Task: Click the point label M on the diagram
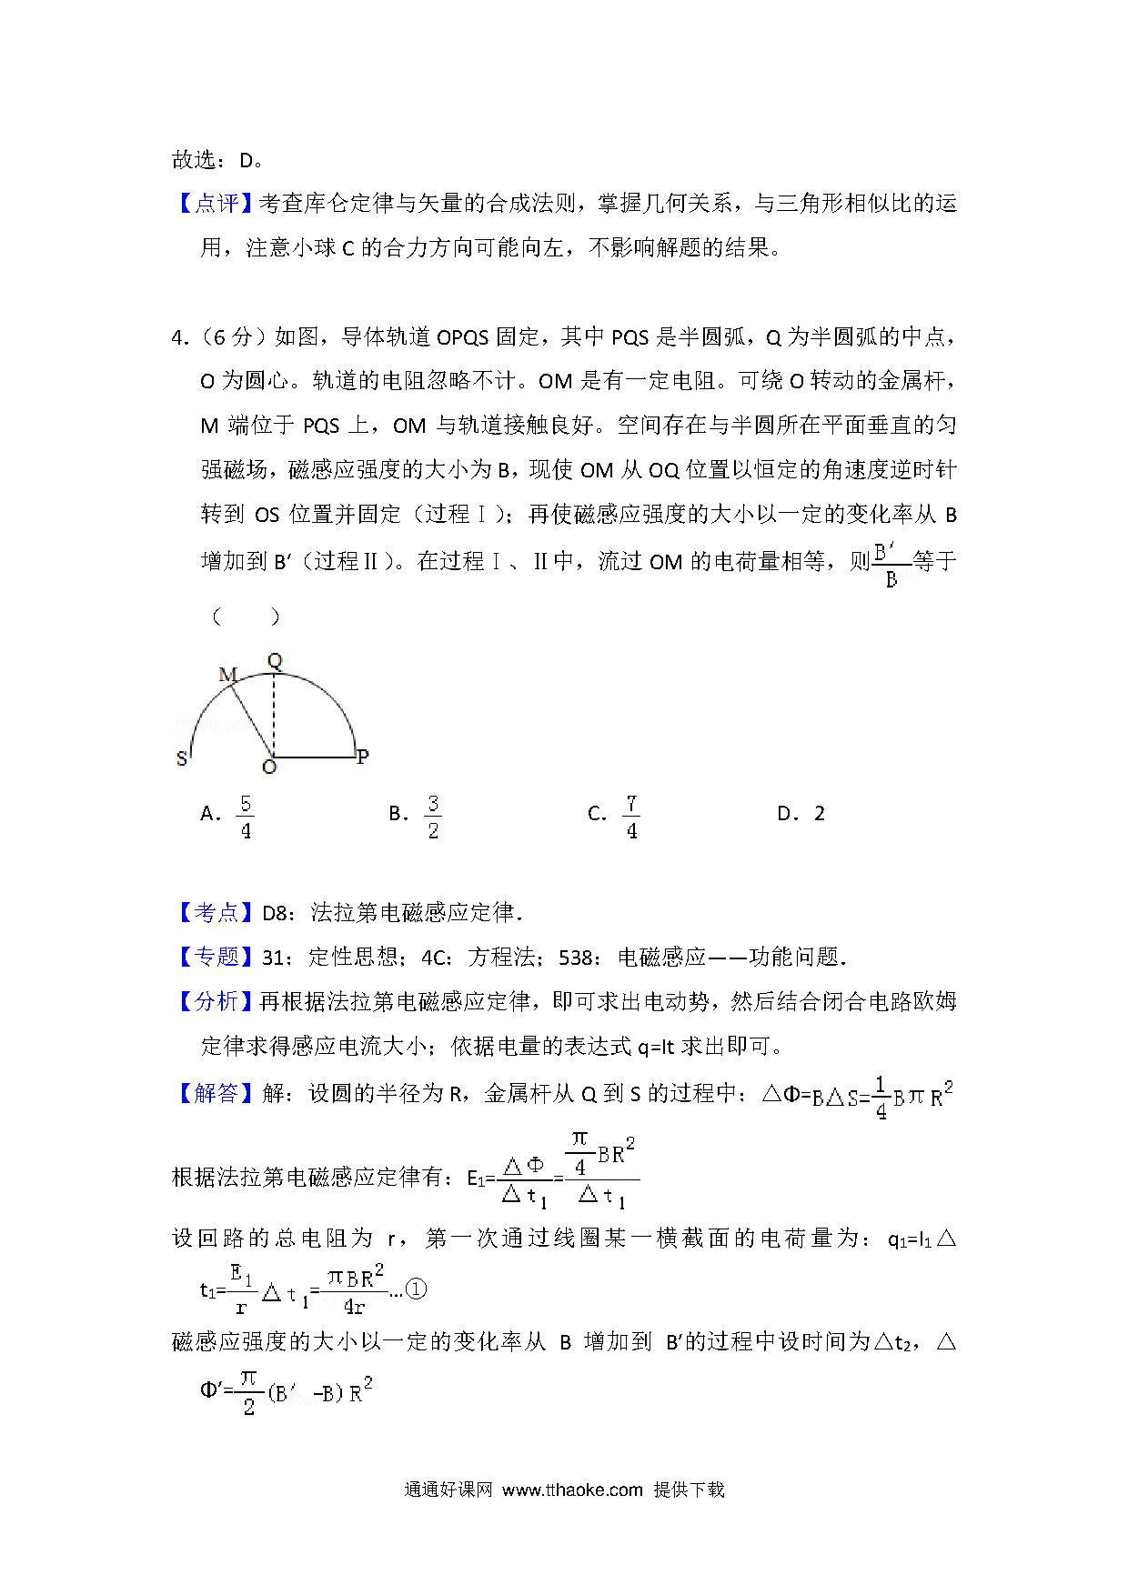[x=227, y=675]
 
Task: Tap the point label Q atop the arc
[x=275, y=661]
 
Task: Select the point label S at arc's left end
[x=182, y=758]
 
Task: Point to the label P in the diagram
[x=362, y=757]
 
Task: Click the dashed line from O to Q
[x=273, y=714]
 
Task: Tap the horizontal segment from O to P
[x=314, y=757]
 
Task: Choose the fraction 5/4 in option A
[x=245, y=816]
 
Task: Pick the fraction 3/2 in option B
[x=433, y=816]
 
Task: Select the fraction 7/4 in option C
[x=630, y=816]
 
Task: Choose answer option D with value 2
[x=801, y=814]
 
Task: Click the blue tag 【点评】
[x=216, y=204]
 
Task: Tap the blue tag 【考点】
[x=216, y=912]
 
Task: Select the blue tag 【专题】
[x=216, y=957]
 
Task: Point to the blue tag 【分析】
[x=216, y=1001]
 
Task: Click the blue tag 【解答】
[x=216, y=1092]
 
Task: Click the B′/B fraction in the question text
[x=891, y=564]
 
